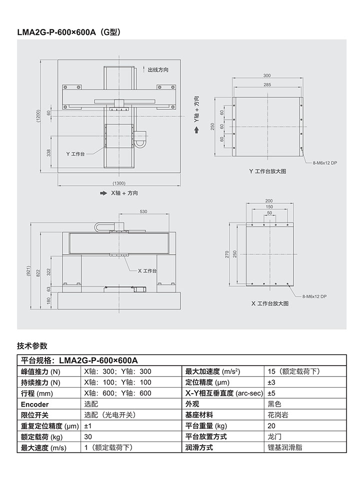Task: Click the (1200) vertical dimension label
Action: tap(38, 116)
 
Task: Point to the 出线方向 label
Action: tap(158, 69)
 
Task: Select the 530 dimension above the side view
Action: tap(143, 212)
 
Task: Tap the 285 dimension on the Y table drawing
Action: tap(267, 85)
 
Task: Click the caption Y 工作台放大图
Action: tap(267, 171)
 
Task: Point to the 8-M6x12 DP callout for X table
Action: tap(315, 296)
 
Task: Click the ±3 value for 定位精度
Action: tap(272, 382)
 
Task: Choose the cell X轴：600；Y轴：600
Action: tap(117, 393)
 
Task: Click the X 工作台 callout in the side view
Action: tap(147, 270)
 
